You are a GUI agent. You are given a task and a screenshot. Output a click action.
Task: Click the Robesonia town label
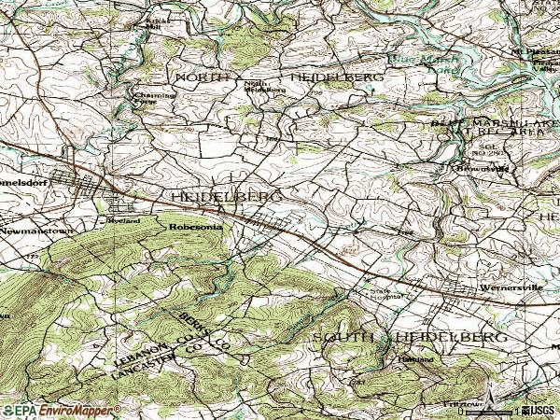(193, 225)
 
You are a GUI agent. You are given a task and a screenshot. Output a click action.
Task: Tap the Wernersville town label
(505, 288)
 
